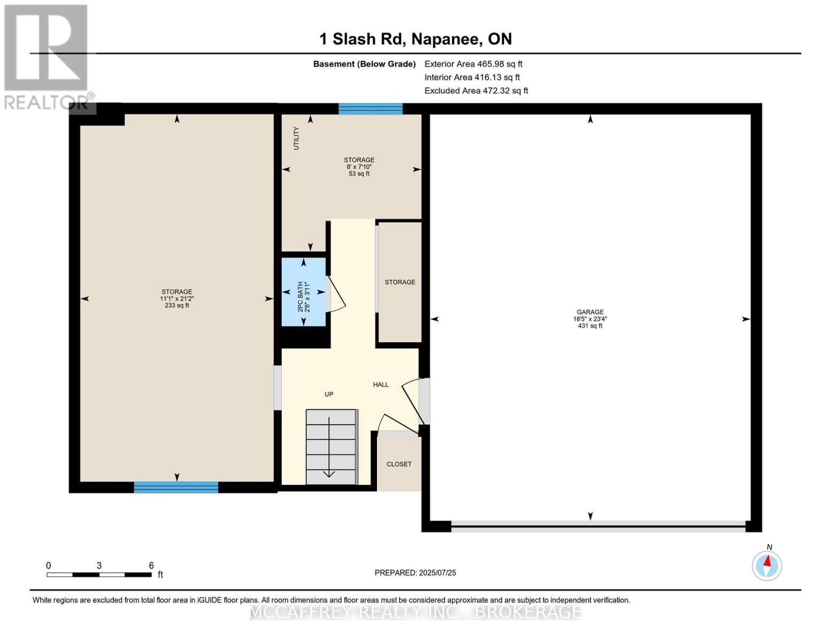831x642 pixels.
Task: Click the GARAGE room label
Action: [x=590, y=312]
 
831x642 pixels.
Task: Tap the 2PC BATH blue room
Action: [x=304, y=292]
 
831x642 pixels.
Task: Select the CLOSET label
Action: [x=399, y=464]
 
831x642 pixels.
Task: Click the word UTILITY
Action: [x=296, y=138]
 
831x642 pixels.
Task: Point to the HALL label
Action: [x=381, y=385]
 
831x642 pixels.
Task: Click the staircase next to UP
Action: [x=332, y=447]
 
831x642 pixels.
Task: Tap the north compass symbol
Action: [x=767, y=565]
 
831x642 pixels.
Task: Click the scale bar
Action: [x=99, y=575]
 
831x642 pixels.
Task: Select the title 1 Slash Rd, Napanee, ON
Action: [x=416, y=39]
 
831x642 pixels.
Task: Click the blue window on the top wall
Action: [x=371, y=109]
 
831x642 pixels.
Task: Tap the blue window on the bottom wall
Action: [x=176, y=487]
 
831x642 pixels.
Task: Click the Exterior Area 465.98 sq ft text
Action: [x=473, y=64]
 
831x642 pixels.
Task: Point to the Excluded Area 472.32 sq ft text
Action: [x=476, y=90]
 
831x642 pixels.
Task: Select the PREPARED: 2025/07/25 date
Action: [x=416, y=573]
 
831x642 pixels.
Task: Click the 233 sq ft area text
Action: [x=176, y=305]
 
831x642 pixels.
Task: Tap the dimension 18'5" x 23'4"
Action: [x=590, y=319]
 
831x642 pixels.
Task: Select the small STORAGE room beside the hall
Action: [x=400, y=282]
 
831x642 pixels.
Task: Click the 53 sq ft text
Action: [x=359, y=173]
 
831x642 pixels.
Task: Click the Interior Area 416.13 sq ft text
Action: [x=472, y=77]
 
